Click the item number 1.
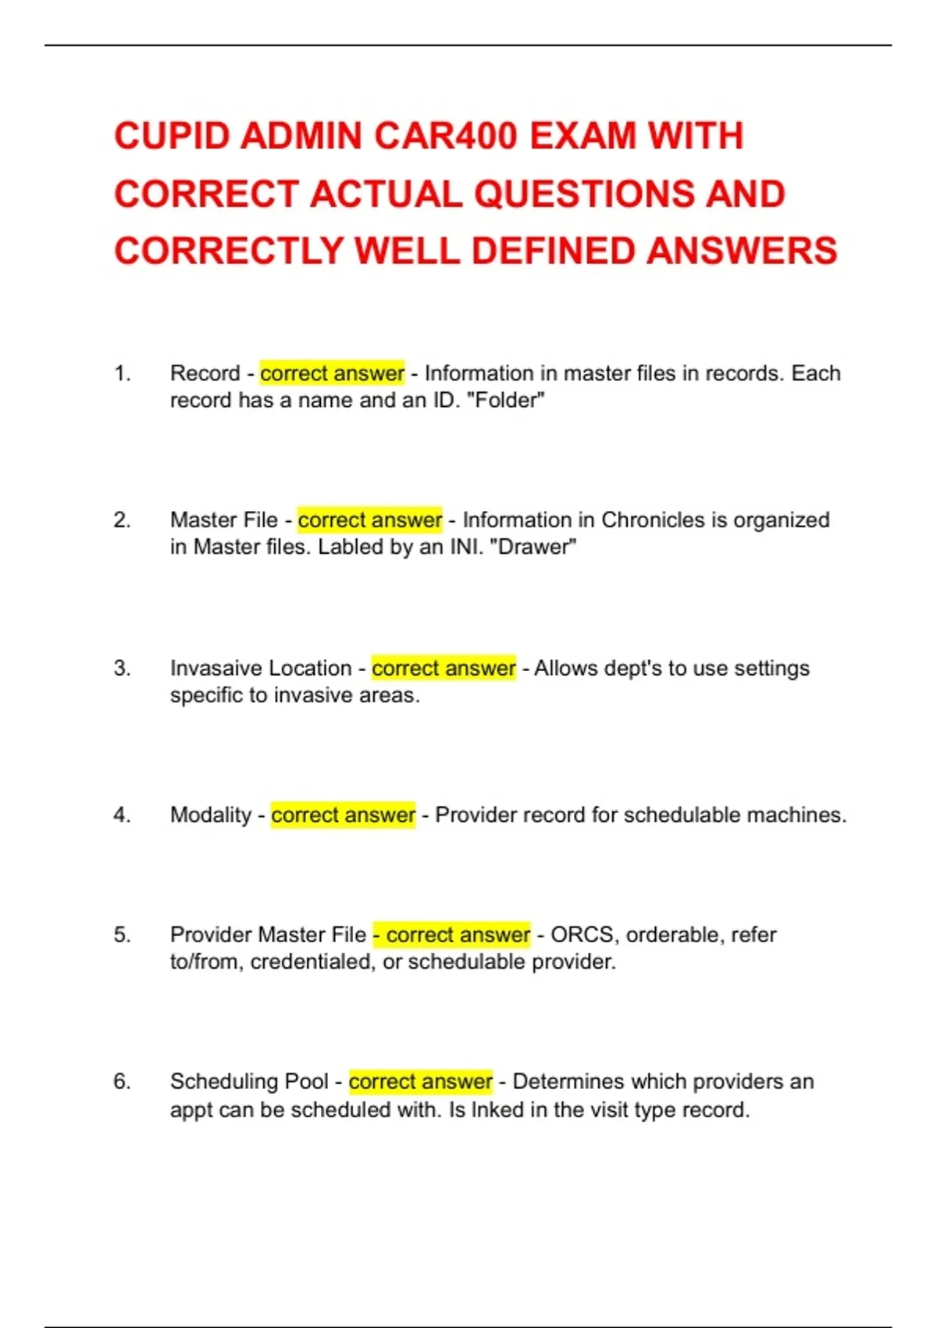(122, 373)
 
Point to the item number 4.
(122, 815)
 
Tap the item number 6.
(122, 1081)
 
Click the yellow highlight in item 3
(444, 669)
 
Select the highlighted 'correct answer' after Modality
(343, 815)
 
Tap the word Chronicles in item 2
(653, 520)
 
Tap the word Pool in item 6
(307, 1081)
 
